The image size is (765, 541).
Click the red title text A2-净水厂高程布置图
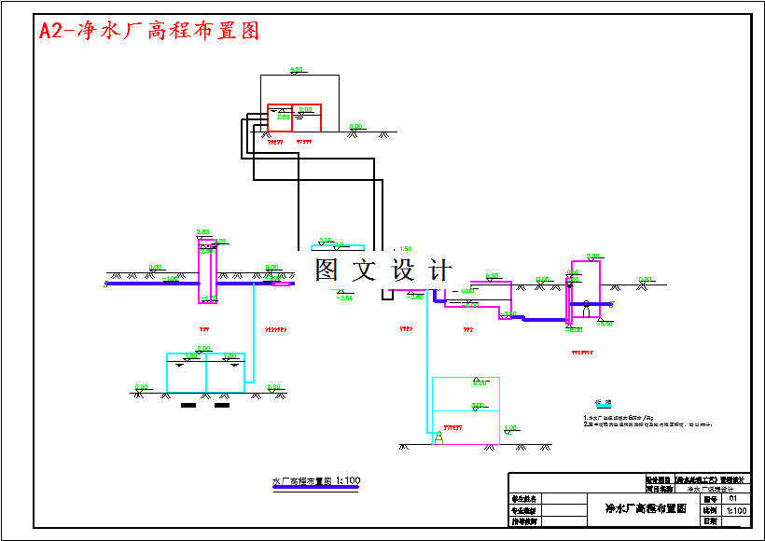(148, 31)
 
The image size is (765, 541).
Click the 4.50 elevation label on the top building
(297, 70)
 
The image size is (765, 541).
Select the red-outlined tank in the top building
(294, 117)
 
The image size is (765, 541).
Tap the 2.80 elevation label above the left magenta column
(203, 232)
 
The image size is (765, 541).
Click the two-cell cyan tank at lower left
(205, 373)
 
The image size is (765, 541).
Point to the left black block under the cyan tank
(188, 405)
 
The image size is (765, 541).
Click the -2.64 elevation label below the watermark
(344, 298)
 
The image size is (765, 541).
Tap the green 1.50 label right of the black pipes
(405, 249)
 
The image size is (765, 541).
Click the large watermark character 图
(327, 270)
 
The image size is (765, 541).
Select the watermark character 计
(438, 270)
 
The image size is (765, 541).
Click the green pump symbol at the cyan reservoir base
(438, 437)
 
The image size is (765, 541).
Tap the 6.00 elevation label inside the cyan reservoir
(480, 383)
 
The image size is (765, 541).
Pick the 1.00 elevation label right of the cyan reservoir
(510, 428)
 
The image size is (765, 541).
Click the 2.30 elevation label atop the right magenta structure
(592, 257)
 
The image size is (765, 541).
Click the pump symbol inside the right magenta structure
(586, 305)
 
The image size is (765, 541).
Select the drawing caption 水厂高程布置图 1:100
(315, 481)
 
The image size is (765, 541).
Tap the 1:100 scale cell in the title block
(736, 510)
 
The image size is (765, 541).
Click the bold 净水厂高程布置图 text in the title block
(646, 508)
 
